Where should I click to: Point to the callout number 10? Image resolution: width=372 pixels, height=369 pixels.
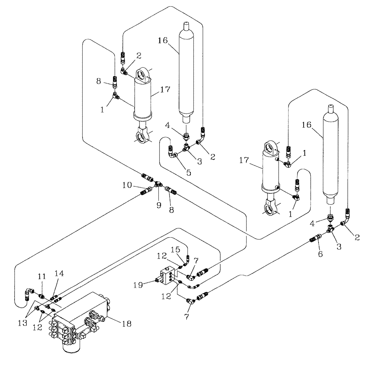pos(127,185)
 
